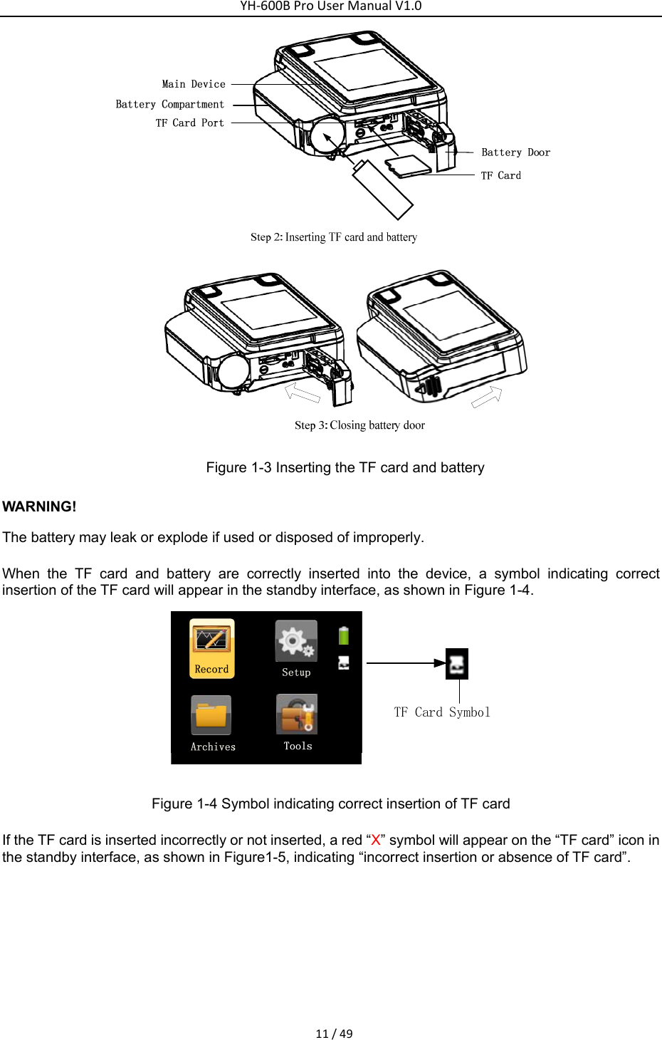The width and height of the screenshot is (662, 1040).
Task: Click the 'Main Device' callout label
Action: coord(194,84)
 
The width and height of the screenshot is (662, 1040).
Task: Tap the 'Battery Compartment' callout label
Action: coord(170,104)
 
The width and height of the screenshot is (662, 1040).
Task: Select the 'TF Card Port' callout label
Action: coord(190,123)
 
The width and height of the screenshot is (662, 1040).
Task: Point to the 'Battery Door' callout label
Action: coord(515,152)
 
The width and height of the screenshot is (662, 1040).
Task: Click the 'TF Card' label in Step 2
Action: coord(501,175)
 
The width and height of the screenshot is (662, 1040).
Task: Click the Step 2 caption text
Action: coord(333,237)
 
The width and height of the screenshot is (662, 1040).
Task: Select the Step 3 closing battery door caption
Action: coord(359,425)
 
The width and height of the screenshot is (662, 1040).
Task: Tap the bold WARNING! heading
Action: coord(39,506)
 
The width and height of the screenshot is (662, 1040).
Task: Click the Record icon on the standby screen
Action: coord(211,640)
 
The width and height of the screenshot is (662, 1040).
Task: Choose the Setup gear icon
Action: coord(296,641)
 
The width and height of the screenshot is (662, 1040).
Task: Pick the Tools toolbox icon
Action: coord(297,714)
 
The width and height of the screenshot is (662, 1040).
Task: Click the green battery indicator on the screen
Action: coord(344,635)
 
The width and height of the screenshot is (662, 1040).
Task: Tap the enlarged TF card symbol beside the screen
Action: coord(457,664)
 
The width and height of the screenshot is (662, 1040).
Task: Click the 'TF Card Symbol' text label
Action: coord(442,712)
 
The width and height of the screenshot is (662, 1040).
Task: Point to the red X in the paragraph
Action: coord(376,841)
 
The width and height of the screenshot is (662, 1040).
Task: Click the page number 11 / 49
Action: coord(334,1034)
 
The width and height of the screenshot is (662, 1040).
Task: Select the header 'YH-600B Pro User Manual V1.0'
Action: coord(331,6)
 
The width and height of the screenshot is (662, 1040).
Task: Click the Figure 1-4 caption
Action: coord(331,804)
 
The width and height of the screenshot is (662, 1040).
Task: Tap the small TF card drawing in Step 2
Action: coord(409,167)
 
